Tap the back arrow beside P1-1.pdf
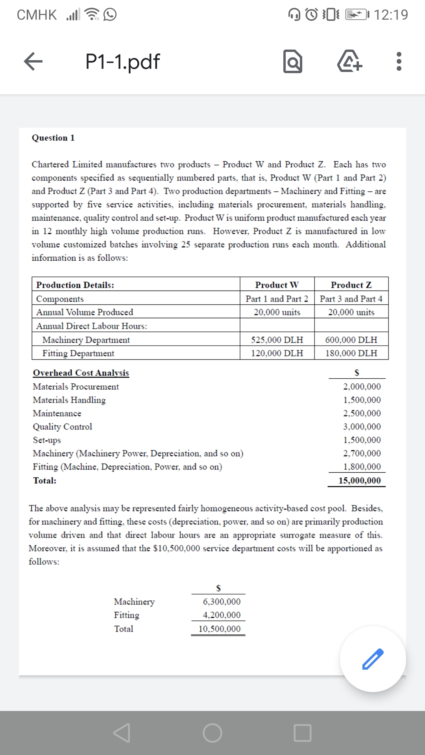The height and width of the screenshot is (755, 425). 33,62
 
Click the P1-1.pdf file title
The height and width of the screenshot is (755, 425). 122,62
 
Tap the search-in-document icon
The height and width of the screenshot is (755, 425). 293,62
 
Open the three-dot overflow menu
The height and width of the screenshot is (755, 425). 399,62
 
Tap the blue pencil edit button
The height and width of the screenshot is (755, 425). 373,659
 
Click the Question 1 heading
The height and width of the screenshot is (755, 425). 53,138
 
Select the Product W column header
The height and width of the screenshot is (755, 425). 277,285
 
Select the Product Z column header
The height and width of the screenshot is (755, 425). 351,285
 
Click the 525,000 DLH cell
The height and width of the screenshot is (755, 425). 277,340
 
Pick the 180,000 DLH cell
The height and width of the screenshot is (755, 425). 351,353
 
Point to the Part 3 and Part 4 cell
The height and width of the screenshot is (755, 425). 351,299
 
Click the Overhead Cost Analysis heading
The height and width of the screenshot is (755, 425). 81,373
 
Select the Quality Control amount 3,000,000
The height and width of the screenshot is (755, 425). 362,427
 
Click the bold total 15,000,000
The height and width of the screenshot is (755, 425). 360,481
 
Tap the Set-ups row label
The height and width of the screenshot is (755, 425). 47,440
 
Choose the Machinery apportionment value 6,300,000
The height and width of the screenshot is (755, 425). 222,602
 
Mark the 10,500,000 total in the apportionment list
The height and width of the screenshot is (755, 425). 219,629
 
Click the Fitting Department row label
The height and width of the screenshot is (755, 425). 78,353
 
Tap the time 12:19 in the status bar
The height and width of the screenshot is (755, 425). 391,15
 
